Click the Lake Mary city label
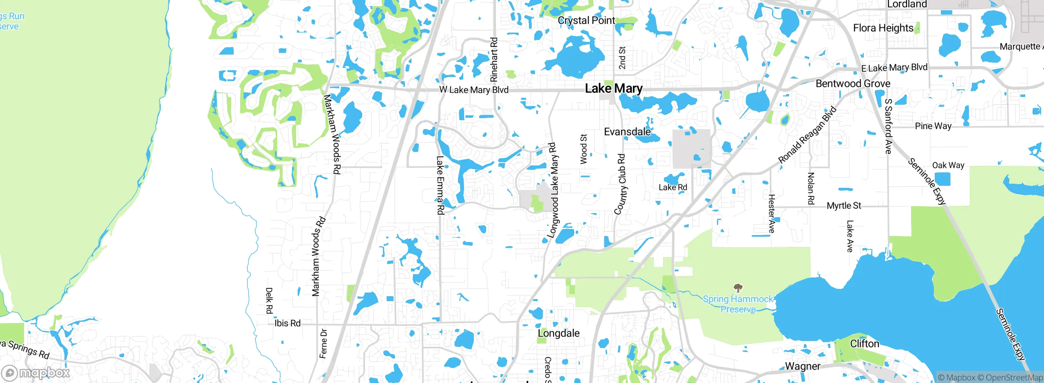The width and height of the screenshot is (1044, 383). [613, 88]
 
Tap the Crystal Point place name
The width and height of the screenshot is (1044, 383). [586, 20]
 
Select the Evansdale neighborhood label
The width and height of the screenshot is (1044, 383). [627, 132]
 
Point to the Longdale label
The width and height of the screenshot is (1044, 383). [558, 333]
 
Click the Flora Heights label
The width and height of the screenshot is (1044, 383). [883, 28]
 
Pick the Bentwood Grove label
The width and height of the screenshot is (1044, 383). [853, 84]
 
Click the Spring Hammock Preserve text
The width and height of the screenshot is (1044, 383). [738, 304]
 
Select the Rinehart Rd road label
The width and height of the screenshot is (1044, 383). [494, 59]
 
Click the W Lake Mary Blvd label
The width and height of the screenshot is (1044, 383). [474, 90]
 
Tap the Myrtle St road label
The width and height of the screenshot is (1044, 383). [844, 206]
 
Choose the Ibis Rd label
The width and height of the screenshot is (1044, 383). [287, 323]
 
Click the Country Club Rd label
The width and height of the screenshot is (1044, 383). [620, 184]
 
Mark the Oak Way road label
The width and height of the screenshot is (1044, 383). [948, 165]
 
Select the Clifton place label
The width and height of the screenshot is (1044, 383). [864, 344]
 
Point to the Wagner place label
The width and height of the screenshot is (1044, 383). [802, 366]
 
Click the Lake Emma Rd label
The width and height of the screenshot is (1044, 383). [440, 185]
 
